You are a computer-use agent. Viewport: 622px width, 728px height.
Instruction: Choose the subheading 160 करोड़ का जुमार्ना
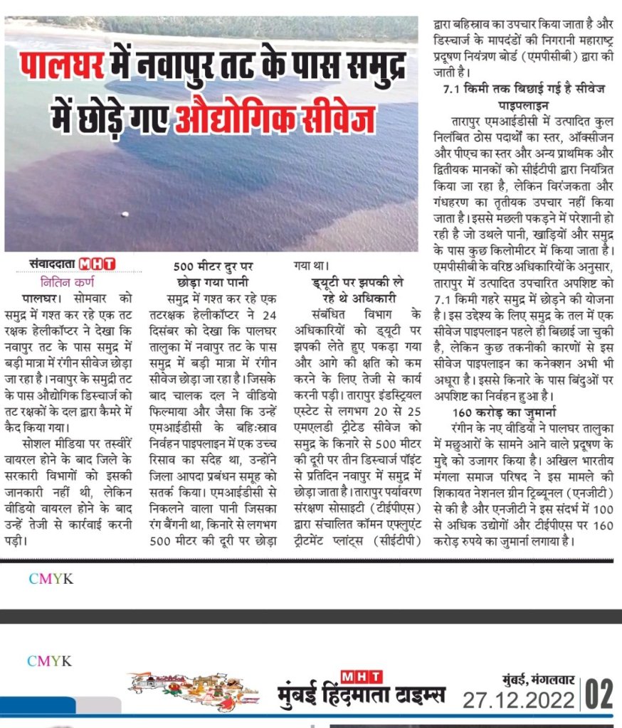point(504,412)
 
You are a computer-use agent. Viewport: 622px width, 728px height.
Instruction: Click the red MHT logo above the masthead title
point(361,675)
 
